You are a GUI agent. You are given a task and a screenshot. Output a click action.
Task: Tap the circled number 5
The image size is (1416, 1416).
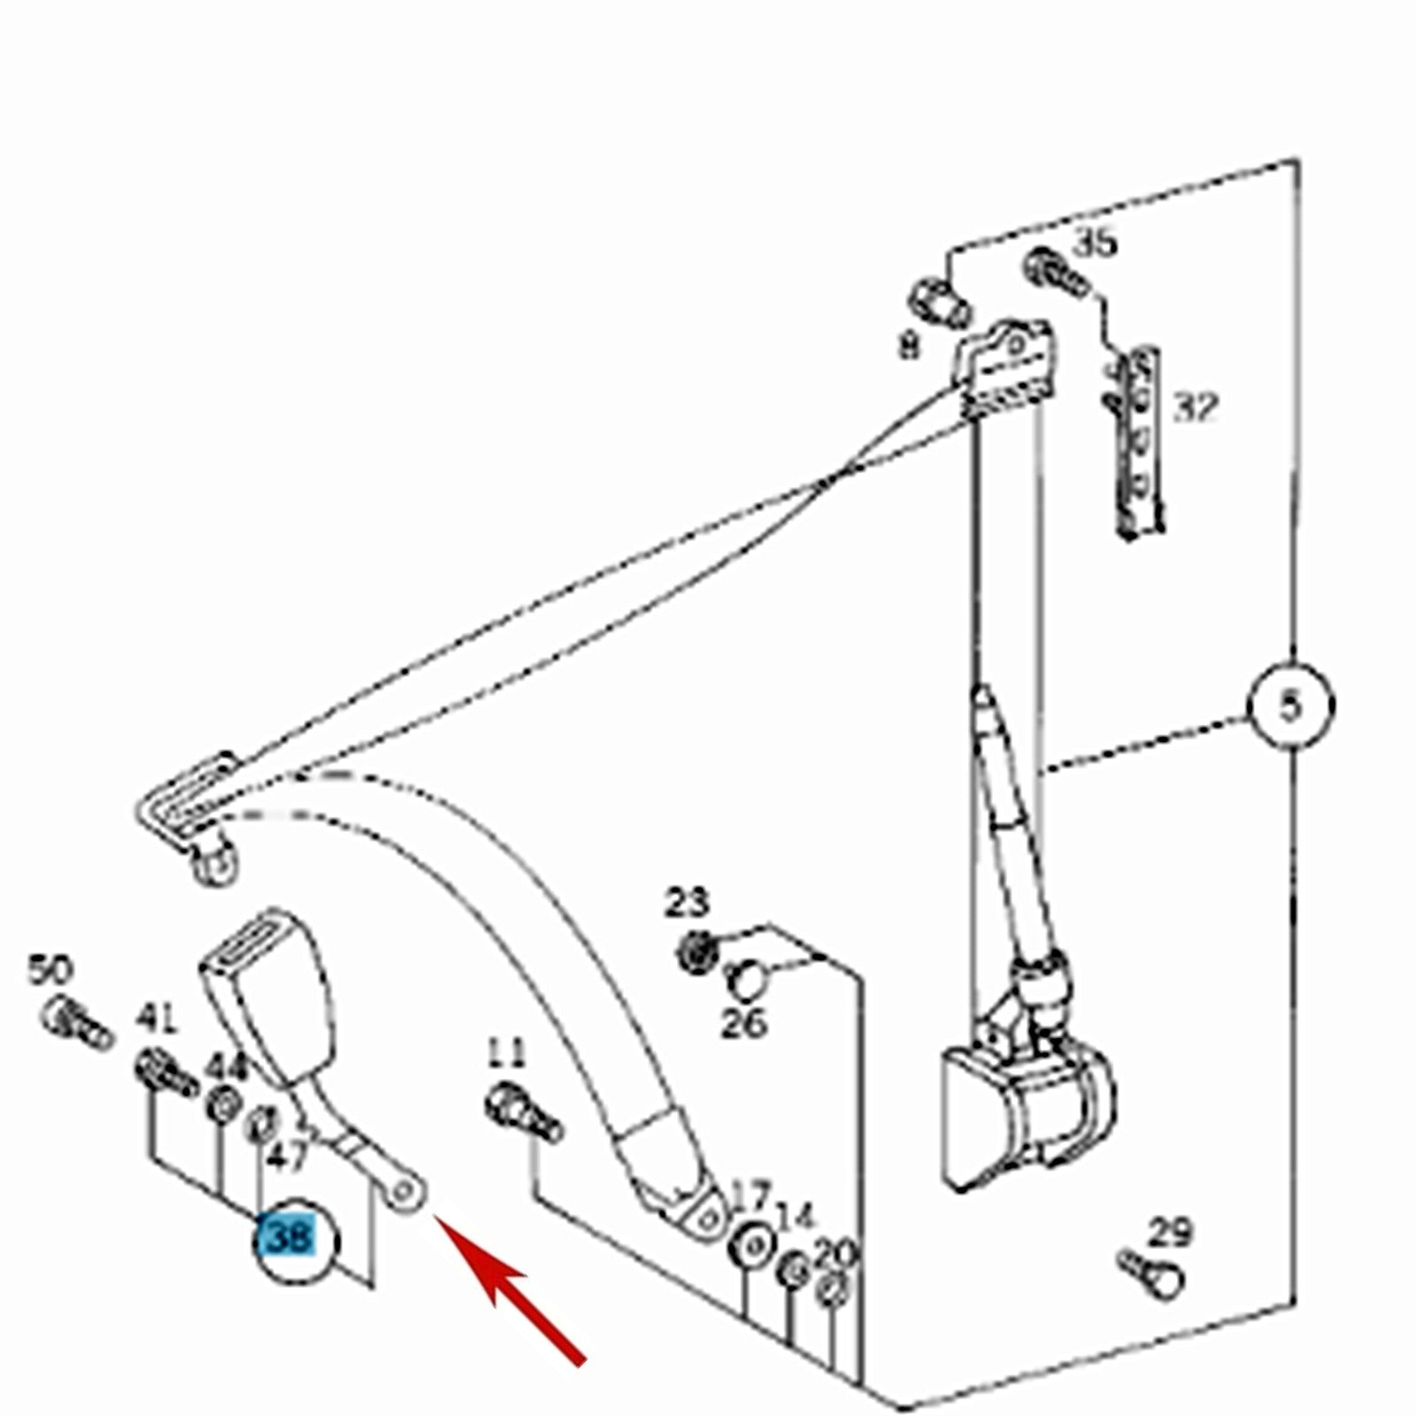(1291, 706)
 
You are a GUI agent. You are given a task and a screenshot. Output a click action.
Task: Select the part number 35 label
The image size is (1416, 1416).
(1096, 242)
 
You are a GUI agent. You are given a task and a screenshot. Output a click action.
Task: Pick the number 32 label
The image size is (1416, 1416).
(1196, 408)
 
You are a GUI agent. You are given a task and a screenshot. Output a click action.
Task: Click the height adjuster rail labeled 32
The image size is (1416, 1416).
(1137, 442)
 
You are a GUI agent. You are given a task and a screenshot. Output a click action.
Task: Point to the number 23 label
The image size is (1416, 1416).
(688, 904)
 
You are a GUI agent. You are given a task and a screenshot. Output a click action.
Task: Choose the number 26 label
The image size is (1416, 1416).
(743, 1024)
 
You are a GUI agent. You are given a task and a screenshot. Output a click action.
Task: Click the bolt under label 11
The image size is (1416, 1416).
(522, 1112)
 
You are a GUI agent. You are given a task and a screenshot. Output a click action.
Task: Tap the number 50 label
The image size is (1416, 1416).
(50, 970)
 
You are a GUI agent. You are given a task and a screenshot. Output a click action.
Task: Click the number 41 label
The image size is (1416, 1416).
(157, 1020)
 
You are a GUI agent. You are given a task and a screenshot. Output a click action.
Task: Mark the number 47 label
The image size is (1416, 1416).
(289, 1157)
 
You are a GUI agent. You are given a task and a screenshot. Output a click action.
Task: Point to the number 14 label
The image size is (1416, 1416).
(795, 1216)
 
